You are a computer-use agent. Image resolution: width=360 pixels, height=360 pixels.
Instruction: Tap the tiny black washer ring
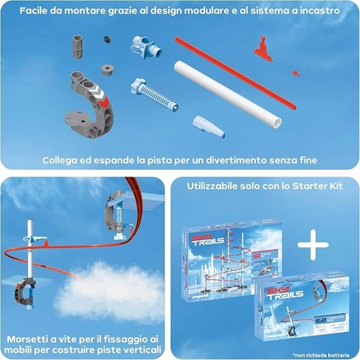pos(107,40)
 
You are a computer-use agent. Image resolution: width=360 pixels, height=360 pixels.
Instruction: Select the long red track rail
pos(234,72)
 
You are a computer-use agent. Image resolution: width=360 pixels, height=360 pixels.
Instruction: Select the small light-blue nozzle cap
pos(208,127)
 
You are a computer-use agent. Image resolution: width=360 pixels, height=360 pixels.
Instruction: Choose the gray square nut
pos(107,69)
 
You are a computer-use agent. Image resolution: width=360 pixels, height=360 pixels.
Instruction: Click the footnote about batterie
pos(319,355)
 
